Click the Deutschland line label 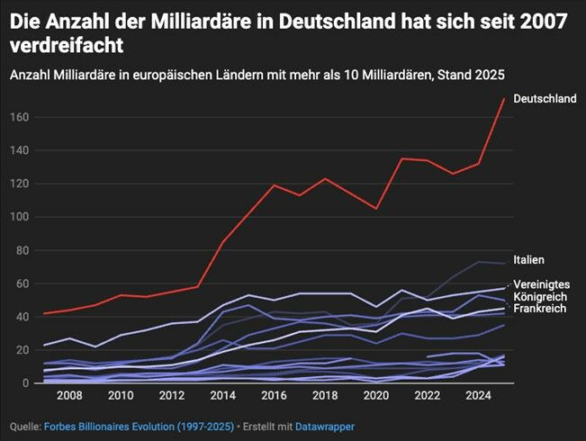pos(545,99)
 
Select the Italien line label pos(528,260)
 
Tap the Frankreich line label pos(540,309)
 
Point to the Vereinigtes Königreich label pos(541,291)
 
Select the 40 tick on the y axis pos(20,317)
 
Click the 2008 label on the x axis pos(69,396)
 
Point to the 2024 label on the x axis pos(479,396)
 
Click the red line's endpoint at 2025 pos(504,98)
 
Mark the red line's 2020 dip pos(377,208)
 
